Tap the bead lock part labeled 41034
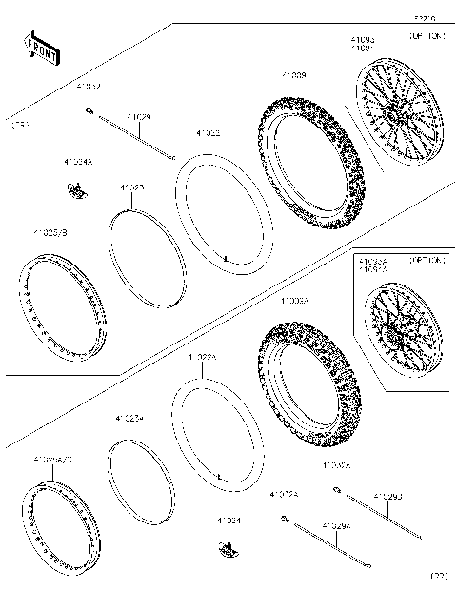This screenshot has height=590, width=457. (228, 548)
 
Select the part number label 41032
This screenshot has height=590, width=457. (89, 87)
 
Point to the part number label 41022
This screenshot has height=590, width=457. (209, 134)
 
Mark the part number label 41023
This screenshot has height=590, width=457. (131, 188)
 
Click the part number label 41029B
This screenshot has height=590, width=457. (387, 496)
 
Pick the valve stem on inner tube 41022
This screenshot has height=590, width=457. (224, 257)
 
